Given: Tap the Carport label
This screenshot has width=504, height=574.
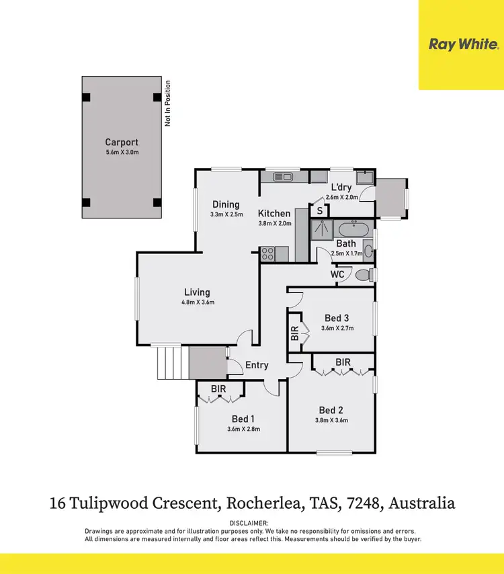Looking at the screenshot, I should [x=122, y=142].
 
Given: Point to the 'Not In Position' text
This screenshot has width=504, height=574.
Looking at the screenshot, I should [x=168, y=104].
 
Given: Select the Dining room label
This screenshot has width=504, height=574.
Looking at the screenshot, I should [x=226, y=204].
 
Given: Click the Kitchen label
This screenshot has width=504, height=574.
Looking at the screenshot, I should [x=274, y=213].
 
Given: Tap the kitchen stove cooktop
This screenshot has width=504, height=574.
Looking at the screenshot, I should [x=267, y=254].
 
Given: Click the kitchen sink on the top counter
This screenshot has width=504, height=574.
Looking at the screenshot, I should [x=282, y=177].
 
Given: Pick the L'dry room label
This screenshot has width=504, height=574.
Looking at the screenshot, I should [x=341, y=188].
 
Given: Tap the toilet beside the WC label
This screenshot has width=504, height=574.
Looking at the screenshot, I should [x=363, y=275].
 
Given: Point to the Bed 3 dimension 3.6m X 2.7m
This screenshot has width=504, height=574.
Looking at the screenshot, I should [x=337, y=329].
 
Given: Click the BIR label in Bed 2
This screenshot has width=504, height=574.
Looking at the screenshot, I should [x=343, y=362].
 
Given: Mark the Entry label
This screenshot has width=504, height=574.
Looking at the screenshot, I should [x=257, y=365].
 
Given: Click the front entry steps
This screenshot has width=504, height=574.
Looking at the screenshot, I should [x=169, y=363].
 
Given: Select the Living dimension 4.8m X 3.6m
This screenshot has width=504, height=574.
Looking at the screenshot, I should [x=197, y=302].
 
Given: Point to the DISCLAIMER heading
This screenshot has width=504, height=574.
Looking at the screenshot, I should [x=249, y=523].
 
